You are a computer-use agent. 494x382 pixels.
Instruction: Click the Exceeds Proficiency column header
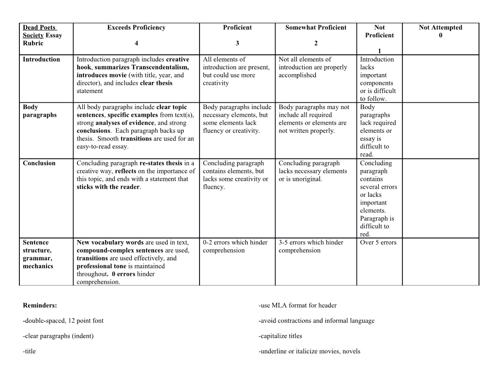[x=136, y=28]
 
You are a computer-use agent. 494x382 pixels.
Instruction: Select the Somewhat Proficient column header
[x=316, y=28]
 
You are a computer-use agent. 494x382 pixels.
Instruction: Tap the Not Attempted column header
[x=440, y=28]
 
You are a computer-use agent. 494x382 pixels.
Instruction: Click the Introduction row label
[x=42, y=60]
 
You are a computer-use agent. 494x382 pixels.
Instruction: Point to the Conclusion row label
[x=39, y=163]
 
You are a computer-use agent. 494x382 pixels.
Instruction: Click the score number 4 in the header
[x=136, y=43]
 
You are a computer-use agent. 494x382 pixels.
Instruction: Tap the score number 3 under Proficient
[x=237, y=43]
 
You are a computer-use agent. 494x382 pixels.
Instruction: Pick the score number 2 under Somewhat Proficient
[x=316, y=43]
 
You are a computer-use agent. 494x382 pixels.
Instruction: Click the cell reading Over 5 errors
[x=378, y=242]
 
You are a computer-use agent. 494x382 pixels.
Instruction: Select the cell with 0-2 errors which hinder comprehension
[x=235, y=246]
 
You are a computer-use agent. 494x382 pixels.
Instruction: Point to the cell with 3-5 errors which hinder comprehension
[x=310, y=246]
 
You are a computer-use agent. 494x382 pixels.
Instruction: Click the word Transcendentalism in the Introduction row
[x=158, y=67]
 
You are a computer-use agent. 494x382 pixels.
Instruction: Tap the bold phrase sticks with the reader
[x=108, y=187]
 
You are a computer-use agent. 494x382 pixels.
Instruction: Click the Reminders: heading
[x=40, y=305]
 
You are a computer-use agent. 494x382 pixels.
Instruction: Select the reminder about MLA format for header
[x=297, y=305]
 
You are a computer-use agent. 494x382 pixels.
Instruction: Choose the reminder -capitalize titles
[x=280, y=336]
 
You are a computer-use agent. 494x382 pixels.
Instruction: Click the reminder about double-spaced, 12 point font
[x=63, y=320]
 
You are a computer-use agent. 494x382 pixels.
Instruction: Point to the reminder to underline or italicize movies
[x=309, y=351]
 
